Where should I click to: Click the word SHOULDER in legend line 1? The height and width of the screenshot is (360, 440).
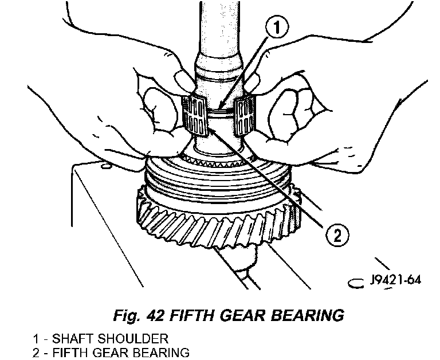tap(140, 338)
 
